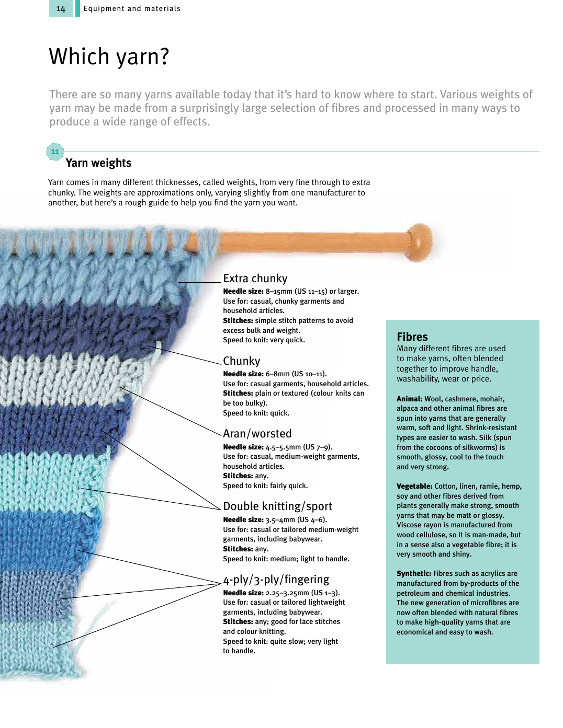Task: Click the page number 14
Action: [x=61, y=9]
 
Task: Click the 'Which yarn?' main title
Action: [x=109, y=56]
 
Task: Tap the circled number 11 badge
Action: [x=55, y=152]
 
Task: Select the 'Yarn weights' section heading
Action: [x=98, y=163]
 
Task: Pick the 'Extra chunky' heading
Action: [x=255, y=279]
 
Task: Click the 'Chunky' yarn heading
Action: [x=241, y=361]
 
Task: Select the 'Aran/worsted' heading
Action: [x=257, y=434]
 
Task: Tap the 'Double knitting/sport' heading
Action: [x=277, y=506]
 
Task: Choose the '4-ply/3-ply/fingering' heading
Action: [x=276, y=580]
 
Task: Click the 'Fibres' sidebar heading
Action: [x=412, y=337]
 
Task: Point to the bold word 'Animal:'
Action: [x=409, y=399]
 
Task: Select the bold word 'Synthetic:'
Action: [x=414, y=573]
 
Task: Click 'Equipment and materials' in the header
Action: [x=132, y=9]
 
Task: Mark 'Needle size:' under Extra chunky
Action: [x=243, y=292]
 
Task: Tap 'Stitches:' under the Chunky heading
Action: [x=238, y=394]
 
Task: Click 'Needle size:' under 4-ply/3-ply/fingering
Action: [x=243, y=593]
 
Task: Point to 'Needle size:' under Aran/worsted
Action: [x=243, y=447]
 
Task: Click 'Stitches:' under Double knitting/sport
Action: [x=238, y=549]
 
